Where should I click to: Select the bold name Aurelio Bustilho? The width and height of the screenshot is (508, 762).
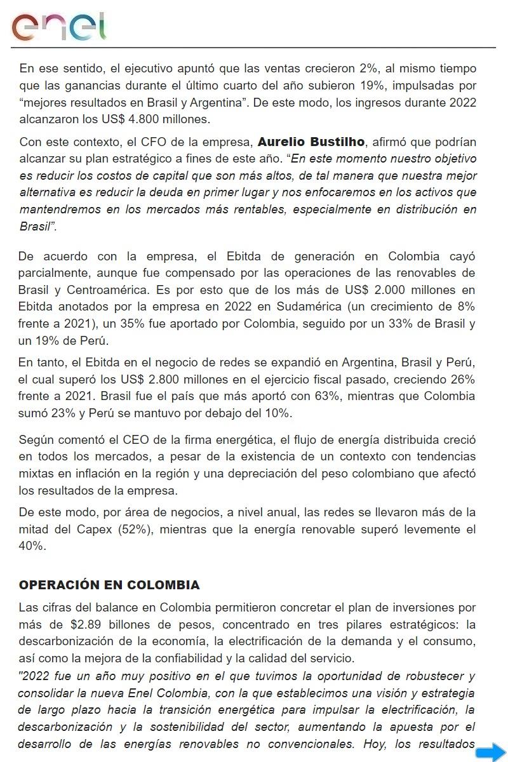tap(311, 141)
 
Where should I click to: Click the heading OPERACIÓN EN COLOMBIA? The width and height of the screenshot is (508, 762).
tap(109, 585)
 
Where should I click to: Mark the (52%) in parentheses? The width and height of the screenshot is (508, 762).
tap(135, 530)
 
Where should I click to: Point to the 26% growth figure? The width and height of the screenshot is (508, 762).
tap(462, 380)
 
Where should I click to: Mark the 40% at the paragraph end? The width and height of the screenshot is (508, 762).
tap(31, 546)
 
